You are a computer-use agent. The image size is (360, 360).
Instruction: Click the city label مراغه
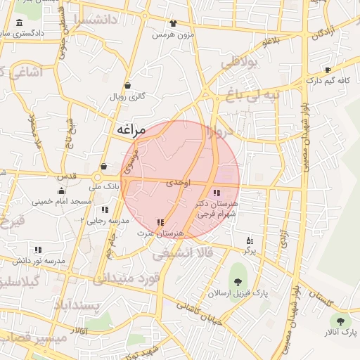(x=129, y=130)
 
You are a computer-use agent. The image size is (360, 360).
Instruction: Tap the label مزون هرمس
(x=173, y=34)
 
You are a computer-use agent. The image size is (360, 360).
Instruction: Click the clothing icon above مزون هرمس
(x=173, y=23)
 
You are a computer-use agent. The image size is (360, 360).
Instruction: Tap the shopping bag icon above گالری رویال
(x=127, y=86)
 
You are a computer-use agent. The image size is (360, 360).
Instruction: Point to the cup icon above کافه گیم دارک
(x=328, y=70)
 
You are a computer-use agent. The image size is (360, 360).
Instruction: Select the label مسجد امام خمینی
(x=61, y=202)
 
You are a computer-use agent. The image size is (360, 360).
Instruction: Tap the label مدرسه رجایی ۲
(x=105, y=220)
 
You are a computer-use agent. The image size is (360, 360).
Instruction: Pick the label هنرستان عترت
(x=160, y=233)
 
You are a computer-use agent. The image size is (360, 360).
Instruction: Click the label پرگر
(x=249, y=250)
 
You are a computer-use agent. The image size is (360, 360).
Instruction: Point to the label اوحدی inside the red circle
(x=178, y=182)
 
